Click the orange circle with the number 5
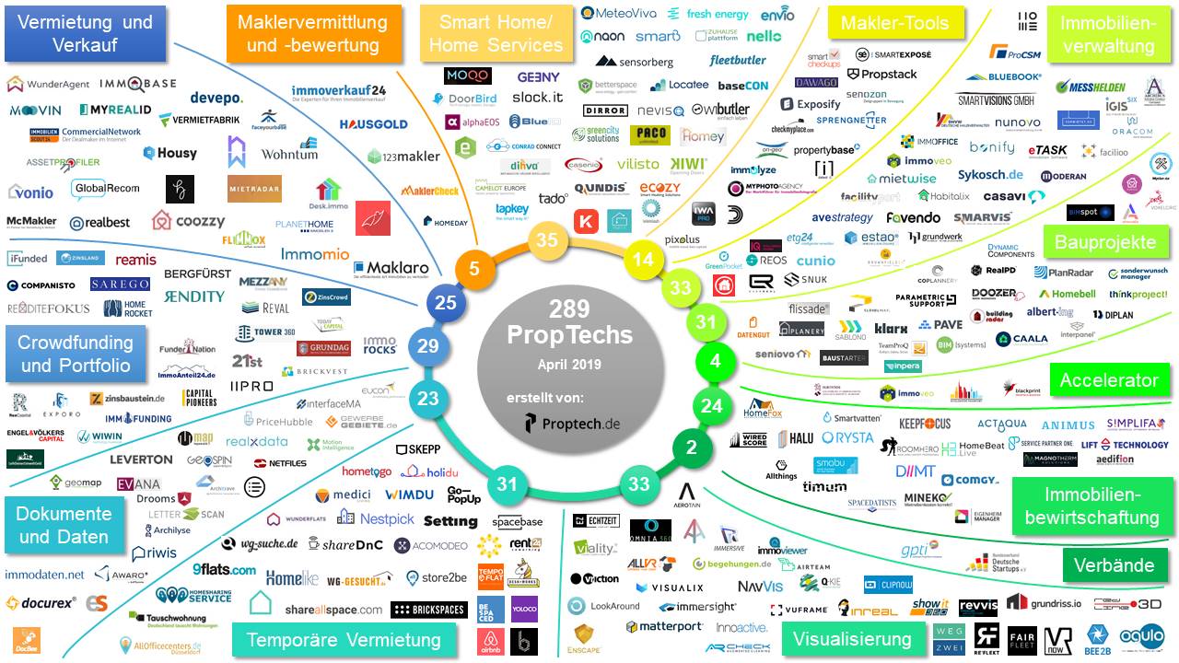click(473, 270)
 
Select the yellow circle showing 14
click(644, 260)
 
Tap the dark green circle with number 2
click(692, 448)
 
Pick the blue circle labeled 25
click(446, 302)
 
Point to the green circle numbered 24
click(712, 405)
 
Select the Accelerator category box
click(1108, 379)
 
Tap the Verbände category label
click(1114, 565)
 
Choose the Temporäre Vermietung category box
click(344, 639)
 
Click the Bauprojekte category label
click(1106, 243)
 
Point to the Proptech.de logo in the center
click(571, 424)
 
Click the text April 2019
click(569, 365)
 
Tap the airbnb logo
click(490, 641)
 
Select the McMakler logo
click(31, 222)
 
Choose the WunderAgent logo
click(48, 85)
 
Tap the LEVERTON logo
click(141, 459)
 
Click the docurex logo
click(39, 603)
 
